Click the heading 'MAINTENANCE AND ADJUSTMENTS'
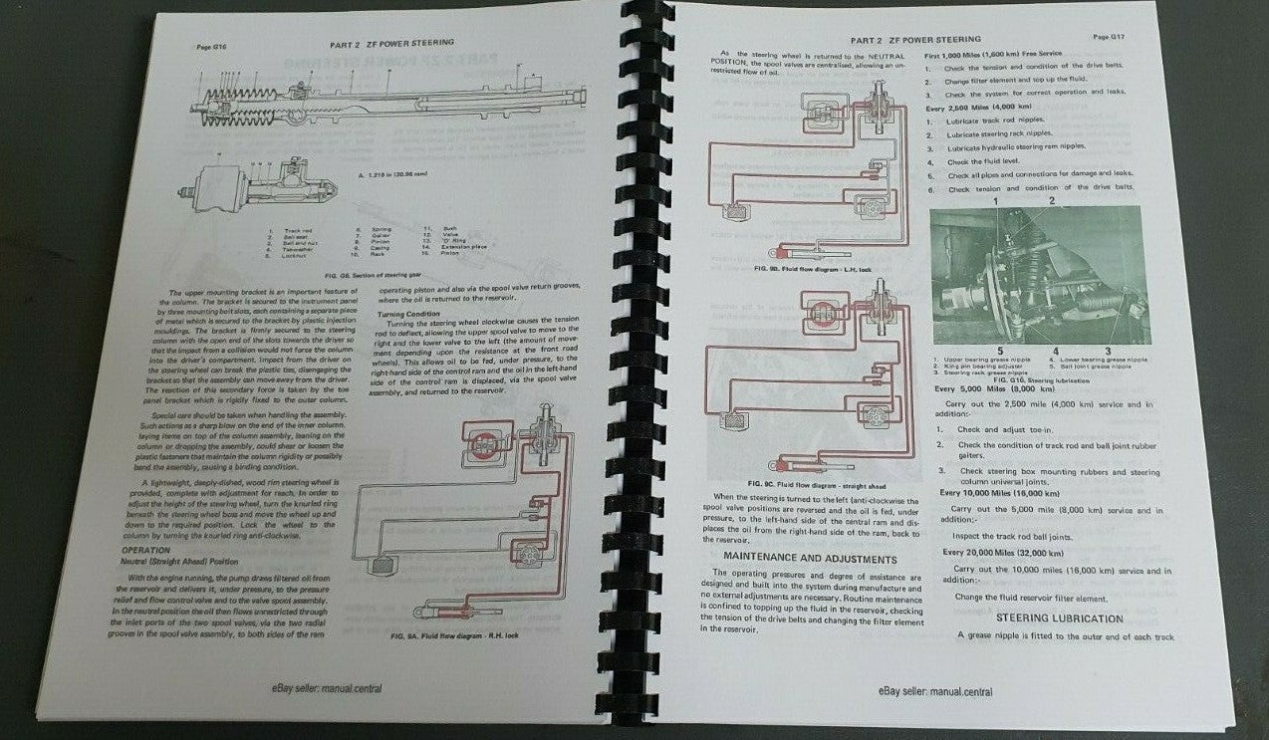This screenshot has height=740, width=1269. (810, 558)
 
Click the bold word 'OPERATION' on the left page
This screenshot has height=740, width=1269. (146, 550)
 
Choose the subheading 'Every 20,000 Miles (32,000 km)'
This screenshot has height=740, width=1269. (1006, 551)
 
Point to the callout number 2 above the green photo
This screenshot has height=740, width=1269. (1051, 201)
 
